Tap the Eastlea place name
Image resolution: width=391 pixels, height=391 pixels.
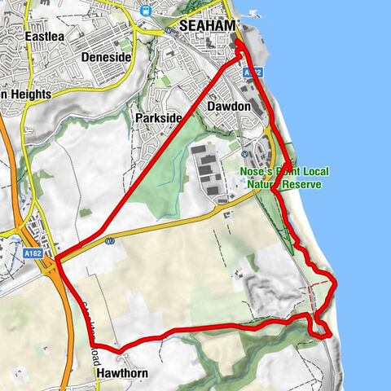[45, 37]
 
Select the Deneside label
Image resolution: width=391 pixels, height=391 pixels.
[107, 58]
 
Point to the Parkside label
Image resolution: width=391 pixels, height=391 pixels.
[158, 118]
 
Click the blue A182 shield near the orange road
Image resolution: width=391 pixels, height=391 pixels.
[33, 253]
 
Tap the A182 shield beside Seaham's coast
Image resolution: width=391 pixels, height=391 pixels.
[252, 73]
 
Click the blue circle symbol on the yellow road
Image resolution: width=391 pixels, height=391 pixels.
[109, 241]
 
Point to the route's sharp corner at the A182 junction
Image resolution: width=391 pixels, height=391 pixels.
[57, 261]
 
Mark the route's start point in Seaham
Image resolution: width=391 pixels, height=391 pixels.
[239, 54]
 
